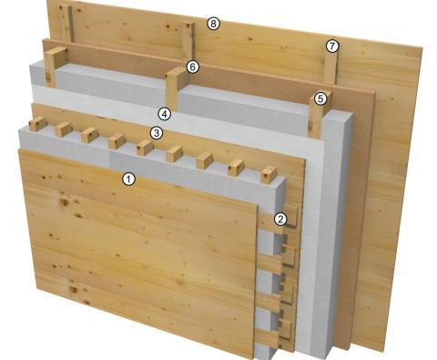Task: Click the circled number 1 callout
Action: pos(128,179)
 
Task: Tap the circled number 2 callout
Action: pos(280,219)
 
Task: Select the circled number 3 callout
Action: pos(157,133)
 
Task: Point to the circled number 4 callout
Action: pos(165,114)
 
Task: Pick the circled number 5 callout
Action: pos(320,98)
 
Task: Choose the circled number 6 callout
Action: pos(193,67)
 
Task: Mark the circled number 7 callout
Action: pos(332,46)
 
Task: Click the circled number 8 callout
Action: pos(213,24)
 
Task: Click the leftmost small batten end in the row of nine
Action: pos(37,124)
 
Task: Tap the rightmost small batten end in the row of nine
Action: pos(269,175)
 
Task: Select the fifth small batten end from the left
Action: pos(145,148)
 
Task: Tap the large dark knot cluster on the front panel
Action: pos(65,202)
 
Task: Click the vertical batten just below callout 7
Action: pos(330,67)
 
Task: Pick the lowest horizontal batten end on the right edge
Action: pos(267,338)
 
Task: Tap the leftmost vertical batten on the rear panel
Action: pos(66,23)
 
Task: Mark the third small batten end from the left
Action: pos(90,135)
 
